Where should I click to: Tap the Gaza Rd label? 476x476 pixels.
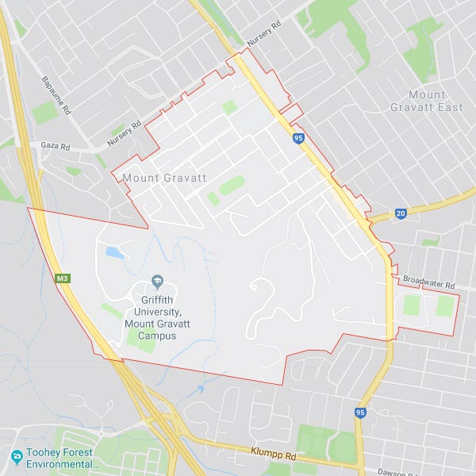[x=56, y=147]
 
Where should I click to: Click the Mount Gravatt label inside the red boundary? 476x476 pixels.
[x=164, y=178]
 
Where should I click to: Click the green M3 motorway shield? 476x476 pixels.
[x=63, y=278]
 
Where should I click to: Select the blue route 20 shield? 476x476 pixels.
[x=401, y=214]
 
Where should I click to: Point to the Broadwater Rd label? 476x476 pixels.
[x=428, y=283]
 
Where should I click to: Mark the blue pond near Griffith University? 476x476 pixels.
[x=115, y=253]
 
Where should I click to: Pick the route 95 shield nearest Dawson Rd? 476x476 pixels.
[x=360, y=413]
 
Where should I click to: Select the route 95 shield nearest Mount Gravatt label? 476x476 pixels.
[x=297, y=138]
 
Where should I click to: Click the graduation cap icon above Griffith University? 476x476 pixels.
[x=157, y=283]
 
